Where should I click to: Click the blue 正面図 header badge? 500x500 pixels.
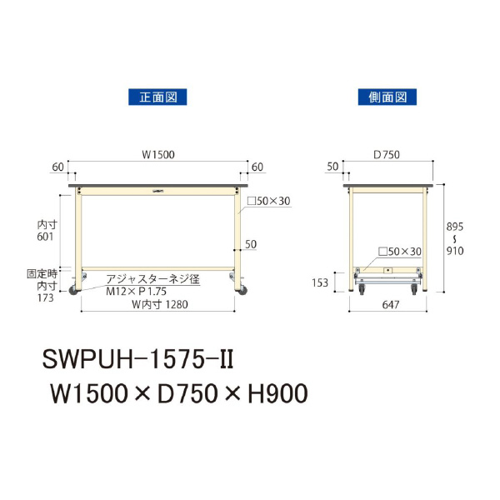pyautogui.click(x=157, y=97)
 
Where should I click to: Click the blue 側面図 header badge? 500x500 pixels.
pyautogui.click(x=387, y=97)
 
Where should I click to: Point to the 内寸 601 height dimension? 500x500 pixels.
pyautogui.click(x=47, y=231)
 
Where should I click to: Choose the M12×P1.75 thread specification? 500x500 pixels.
pyautogui.click(x=137, y=292)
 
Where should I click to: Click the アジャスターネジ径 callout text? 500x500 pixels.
pyautogui.click(x=152, y=281)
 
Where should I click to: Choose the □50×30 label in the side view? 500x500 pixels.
pyautogui.click(x=400, y=251)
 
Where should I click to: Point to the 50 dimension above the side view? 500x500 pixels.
pyautogui.click(x=332, y=167)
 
